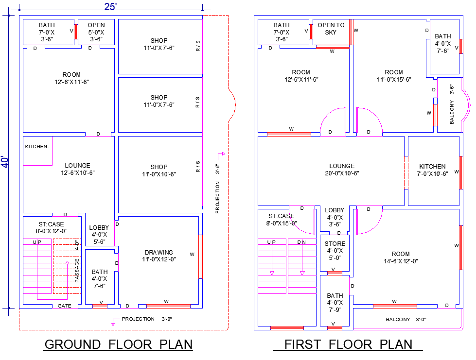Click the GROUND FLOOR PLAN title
tap(119, 344)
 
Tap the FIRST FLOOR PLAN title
tap(348, 344)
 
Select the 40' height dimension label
tap(5, 162)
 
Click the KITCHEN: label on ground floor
tap(37, 146)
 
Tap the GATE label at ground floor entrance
tap(65, 306)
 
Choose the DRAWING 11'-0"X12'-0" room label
tap(159, 256)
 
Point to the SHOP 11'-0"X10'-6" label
tap(159, 171)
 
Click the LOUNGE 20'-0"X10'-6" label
tap(342, 170)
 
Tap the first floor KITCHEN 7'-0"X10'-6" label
tap(432, 170)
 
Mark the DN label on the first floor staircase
tap(301, 242)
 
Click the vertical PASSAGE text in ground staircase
tap(77, 270)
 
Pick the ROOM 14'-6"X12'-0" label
tap(401, 257)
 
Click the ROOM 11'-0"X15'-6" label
tap(394, 76)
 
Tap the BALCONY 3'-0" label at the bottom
tap(406, 319)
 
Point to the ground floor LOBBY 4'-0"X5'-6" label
tap(99, 235)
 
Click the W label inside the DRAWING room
tap(192, 254)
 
